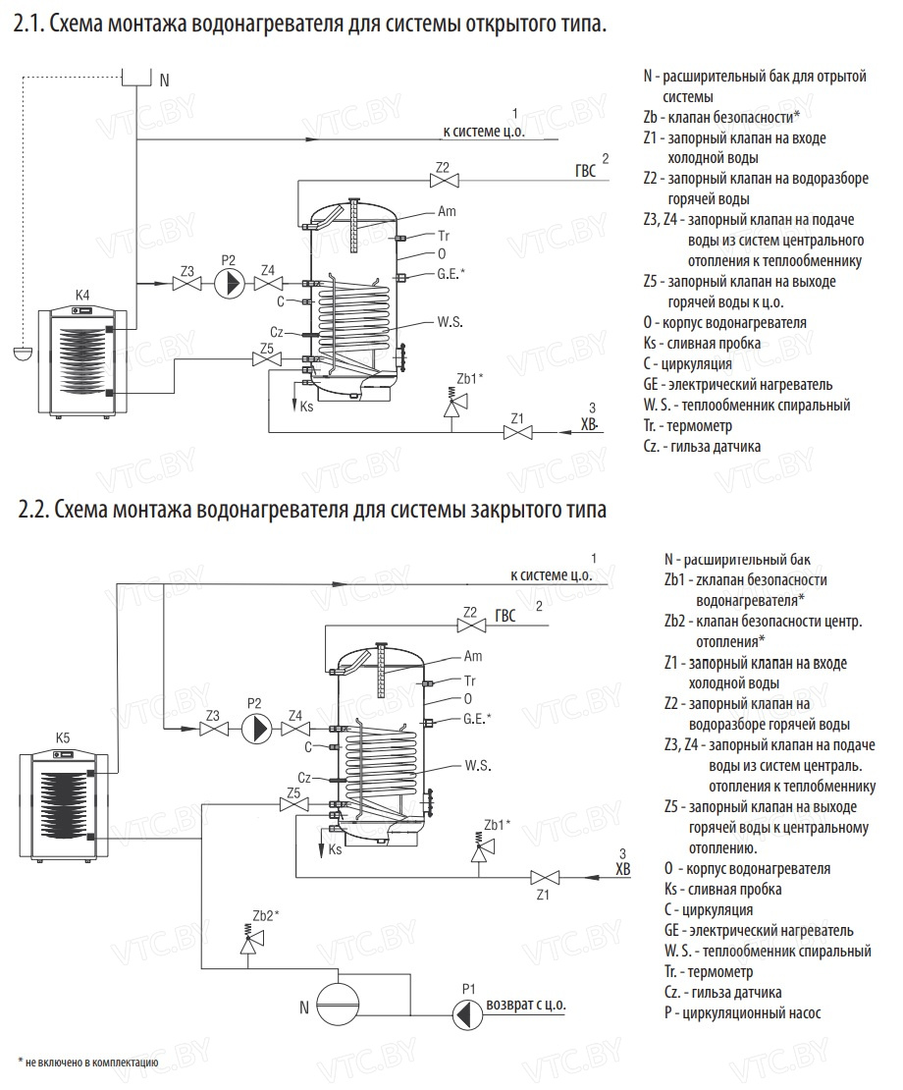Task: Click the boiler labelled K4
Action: pos(80,360)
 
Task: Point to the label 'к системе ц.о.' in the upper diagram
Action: pos(485,131)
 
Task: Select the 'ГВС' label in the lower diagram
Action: pos(505,617)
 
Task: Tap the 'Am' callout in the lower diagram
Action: pos(472,656)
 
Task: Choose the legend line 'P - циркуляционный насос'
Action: pos(742,1013)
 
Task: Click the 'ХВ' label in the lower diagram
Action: pos(622,868)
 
